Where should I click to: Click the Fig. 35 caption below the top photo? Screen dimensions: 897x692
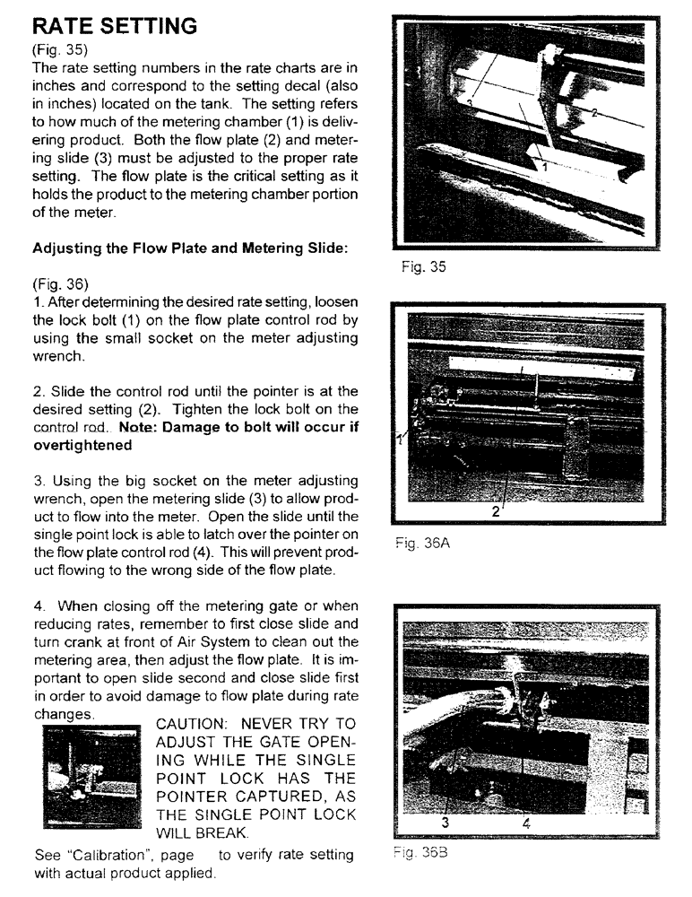(425, 266)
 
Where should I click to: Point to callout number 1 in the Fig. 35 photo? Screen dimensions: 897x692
(542, 167)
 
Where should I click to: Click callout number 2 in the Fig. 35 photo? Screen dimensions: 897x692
(593, 111)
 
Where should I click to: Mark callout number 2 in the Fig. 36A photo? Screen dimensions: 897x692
(495, 512)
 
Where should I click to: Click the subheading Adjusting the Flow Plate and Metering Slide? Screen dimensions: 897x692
(189, 248)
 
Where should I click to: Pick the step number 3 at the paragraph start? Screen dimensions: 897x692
(38, 482)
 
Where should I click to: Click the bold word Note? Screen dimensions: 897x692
(136, 428)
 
